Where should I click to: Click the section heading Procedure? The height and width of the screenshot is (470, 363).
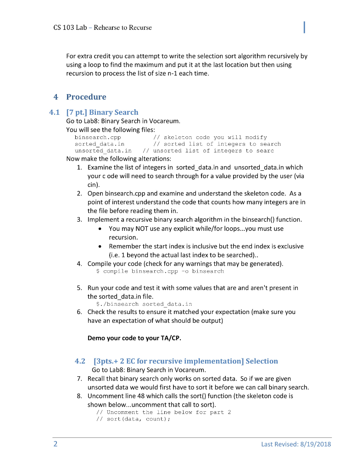tap(86, 97)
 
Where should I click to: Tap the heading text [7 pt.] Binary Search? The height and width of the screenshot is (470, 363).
tap(102, 112)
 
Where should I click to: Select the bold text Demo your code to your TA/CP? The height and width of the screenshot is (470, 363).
tap(134, 339)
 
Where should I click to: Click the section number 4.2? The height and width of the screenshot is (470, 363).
tap(80, 361)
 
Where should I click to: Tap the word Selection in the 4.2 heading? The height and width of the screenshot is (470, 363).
tap(262, 361)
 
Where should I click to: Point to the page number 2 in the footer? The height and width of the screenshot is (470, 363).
tap(55, 444)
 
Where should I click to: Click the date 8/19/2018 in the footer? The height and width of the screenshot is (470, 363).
tap(312, 444)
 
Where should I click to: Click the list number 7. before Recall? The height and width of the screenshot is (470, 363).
tap(79, 379)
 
